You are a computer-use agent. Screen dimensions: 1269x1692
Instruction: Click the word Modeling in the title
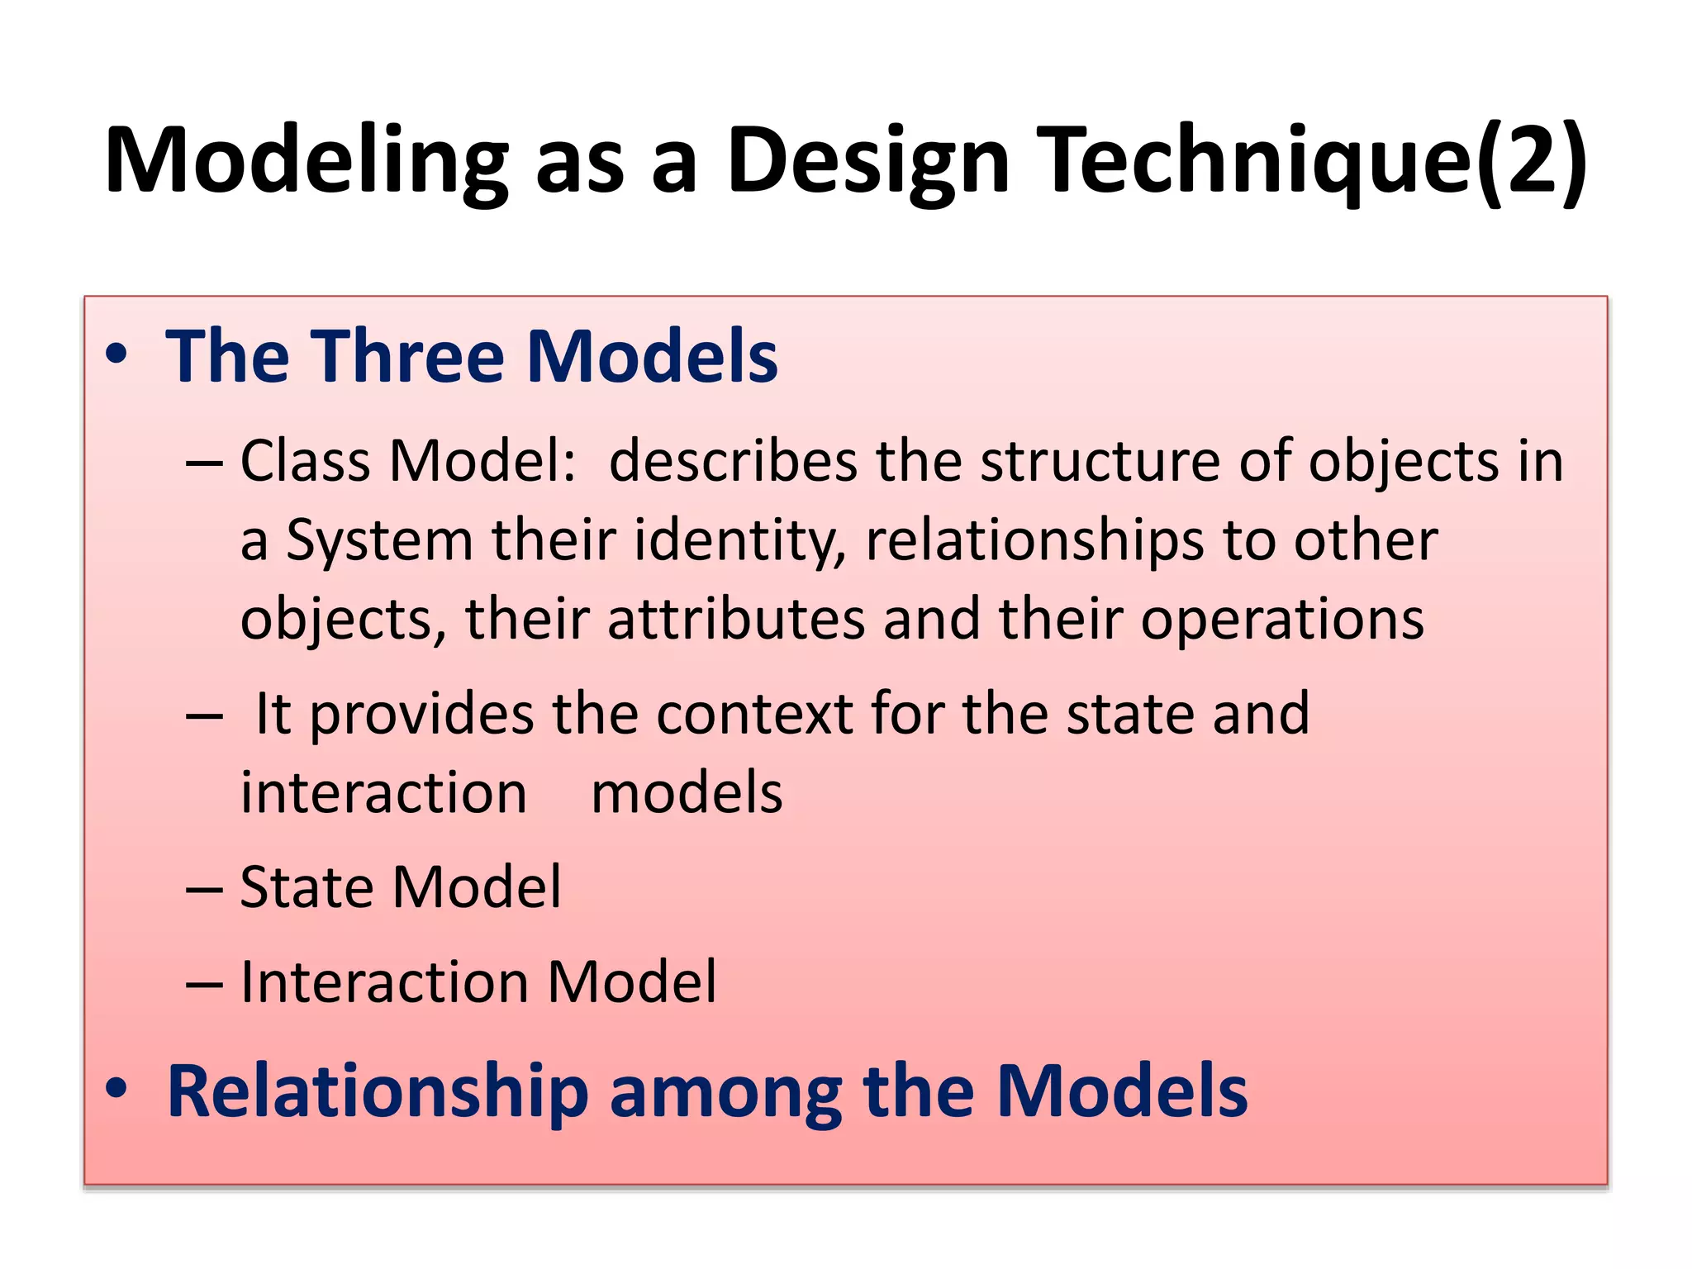click(306, 161)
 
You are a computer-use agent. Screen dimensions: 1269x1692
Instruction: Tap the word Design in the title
click(867, 161)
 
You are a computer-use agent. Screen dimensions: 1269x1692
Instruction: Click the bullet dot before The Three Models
click(116, 355)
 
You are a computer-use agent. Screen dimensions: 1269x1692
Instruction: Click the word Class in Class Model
click(305, 461)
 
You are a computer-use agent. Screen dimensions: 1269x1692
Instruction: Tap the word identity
click(739, 541)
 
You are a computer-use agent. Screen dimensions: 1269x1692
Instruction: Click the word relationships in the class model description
click(1033, 541)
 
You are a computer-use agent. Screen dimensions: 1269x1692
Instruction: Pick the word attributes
click(736, 620)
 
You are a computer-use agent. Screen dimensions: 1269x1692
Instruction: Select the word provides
click(421, 715)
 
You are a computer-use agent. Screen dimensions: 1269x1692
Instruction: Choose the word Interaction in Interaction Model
click(384, 983)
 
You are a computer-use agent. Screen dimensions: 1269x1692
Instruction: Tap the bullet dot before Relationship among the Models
click(116, 1089)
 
